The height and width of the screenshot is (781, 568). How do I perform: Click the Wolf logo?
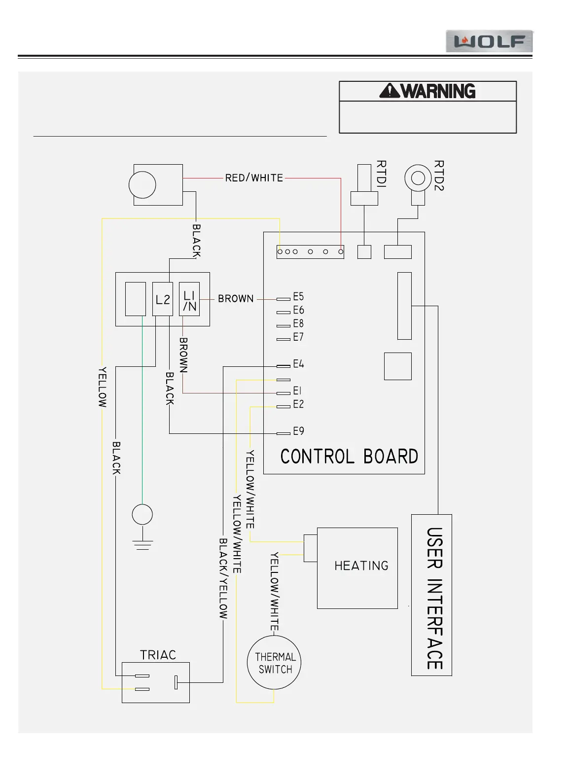point(489,41)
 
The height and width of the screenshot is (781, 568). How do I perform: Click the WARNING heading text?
point(427,91)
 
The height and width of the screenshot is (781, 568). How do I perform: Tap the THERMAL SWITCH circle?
point(274,663)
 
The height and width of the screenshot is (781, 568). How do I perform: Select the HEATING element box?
point(357,568)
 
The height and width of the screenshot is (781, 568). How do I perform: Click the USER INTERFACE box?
point(431,595)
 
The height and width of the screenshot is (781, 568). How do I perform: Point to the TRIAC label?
point(158,655)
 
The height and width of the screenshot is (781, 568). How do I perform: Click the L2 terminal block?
point(163,299)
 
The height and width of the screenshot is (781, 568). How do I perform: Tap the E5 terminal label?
point(298,297)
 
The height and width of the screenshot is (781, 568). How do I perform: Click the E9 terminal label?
point(298,431)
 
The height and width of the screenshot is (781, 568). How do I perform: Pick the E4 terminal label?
point(298,364)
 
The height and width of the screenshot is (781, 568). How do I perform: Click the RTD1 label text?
point(382,174)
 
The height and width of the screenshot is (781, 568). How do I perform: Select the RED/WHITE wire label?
point(254,178)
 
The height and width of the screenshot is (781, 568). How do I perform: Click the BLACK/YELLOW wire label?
point(223,578)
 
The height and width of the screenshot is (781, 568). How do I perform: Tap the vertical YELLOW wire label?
point(102,387)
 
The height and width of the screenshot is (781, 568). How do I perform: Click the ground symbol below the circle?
point(142,543)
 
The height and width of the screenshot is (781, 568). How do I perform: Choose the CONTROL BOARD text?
point(349,456)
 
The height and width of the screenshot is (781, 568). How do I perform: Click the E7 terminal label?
point(298,337)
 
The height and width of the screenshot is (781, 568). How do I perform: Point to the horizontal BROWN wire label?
point(236,299)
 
